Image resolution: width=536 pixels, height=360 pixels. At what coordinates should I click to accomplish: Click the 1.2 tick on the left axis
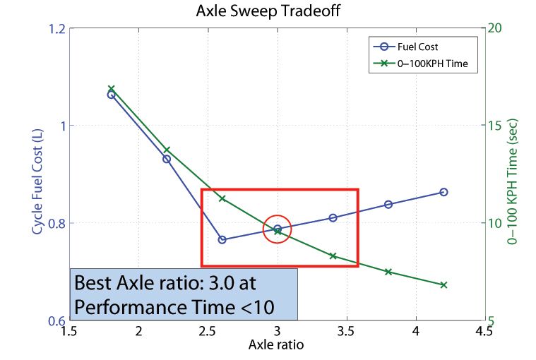pos(57,29)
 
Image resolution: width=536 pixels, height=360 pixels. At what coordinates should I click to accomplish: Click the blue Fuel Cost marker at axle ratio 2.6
pos(222,239)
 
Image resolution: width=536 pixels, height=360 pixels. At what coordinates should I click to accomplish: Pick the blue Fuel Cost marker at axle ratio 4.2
pos(443,192)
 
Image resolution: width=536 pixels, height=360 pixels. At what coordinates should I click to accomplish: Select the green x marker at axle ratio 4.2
pos(443,284)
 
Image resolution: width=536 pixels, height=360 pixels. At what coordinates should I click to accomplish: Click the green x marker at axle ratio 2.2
pos(167,150)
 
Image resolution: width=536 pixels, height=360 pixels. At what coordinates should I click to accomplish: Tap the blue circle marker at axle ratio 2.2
pos(167,159)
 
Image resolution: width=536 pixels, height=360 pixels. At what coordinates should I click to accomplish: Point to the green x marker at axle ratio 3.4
pos(333,256)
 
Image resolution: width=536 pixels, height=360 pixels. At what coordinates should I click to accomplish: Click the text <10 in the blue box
pos(257,306)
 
